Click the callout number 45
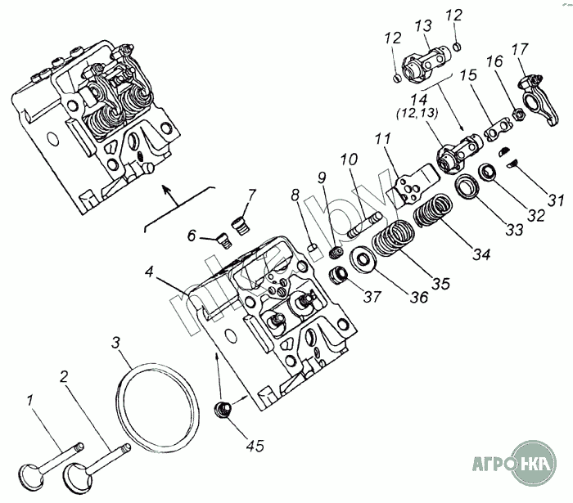point(255,446)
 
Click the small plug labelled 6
point(220,239)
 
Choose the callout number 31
point(556,200)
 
